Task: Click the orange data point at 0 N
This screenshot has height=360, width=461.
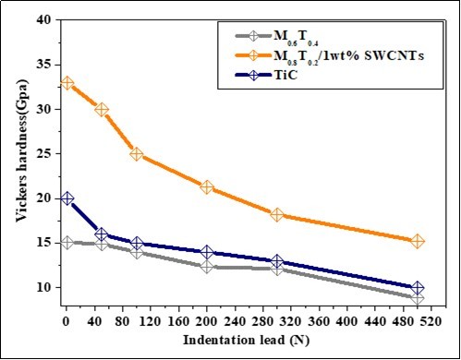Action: [x=67, y=83]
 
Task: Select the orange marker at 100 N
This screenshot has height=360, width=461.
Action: [x=137, y=154]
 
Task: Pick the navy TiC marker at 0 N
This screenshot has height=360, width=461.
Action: [x=67, y=198]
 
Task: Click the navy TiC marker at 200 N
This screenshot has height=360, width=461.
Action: [x=207, y=252]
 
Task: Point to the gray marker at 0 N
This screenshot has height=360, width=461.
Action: [x=67, y=243]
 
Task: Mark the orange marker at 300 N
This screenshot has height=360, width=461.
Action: [x=277, y=214]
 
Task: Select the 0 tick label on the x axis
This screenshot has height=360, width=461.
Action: [x=67, y=322]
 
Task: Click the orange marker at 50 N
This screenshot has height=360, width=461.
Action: [x=102, y=110]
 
